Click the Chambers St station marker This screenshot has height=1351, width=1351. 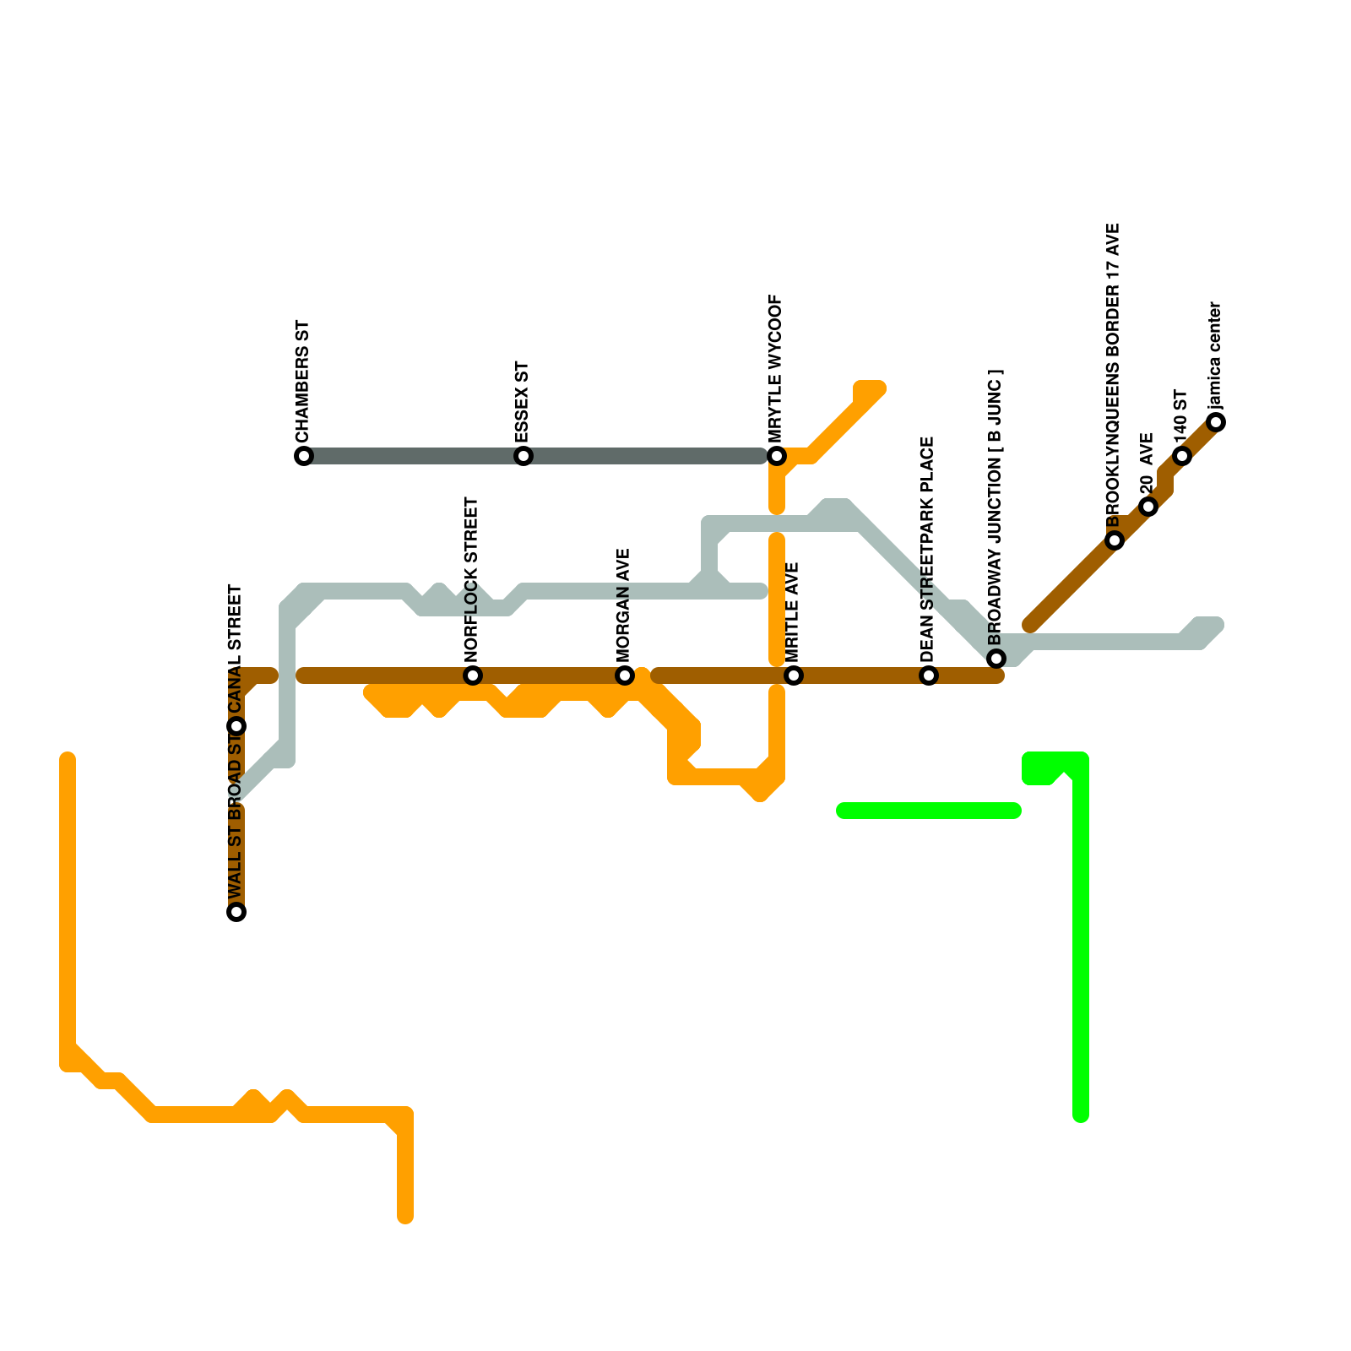(x=304, y=456)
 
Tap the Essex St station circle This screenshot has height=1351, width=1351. (x=524, y=456)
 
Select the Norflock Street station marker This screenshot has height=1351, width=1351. (x=473, y=675)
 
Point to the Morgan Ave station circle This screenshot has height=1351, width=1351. (x=625, y=675)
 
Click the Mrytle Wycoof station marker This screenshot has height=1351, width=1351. (x=777, y=456)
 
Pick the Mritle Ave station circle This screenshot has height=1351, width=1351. (x=794, y=675)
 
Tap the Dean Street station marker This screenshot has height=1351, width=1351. (x=929, y=675)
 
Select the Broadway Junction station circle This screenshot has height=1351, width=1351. (x=996, y=659)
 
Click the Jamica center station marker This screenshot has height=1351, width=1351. (x=1216, y=422)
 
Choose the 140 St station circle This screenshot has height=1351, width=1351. (x=1182, y=456)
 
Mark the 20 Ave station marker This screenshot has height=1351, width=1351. (x=1148, y=507)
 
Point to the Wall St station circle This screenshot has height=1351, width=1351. (x=237, y=912)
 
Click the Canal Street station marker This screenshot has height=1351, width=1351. (x=237, y=726)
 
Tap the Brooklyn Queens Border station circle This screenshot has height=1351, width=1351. (x=1115, y=540)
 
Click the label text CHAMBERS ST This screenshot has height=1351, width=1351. (x=303, y=382)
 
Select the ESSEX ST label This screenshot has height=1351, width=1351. (x=523, y=402)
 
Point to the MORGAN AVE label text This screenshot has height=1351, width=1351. (x=624, y=605)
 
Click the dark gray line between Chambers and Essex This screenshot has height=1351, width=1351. (x=414, y=456)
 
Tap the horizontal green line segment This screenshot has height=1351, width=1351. (x=929, y=811)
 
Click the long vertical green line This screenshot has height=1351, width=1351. (x=1081, y=946)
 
